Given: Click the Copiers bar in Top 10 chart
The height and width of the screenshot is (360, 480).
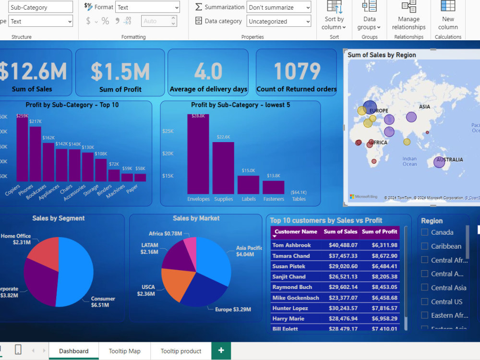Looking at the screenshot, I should coord(22,149).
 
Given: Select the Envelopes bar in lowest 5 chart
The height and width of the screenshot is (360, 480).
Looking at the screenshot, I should coord(198,154).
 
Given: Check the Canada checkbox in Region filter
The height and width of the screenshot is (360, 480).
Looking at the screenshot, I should coord(424,232).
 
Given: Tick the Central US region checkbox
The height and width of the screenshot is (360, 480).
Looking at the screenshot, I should coord(424,301).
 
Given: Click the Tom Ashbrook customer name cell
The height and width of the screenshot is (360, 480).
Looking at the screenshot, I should coord(291,245).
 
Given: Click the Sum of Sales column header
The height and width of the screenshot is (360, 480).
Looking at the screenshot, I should coord(340,232).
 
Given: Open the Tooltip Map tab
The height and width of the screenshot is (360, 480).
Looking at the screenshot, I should coord(124,351).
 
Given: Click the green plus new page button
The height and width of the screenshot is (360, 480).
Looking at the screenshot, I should coord(221,351).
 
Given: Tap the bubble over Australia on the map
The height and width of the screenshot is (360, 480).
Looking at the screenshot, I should coord(439,162).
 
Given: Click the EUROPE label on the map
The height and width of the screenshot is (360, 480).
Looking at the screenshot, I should coord(378,111).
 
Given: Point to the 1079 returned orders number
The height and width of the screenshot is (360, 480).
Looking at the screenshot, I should coord(297,72).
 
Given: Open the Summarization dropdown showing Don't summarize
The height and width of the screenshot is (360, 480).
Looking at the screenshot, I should coord(279,7).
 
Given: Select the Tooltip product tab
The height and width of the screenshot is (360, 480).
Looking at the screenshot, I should coord(181,351).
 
